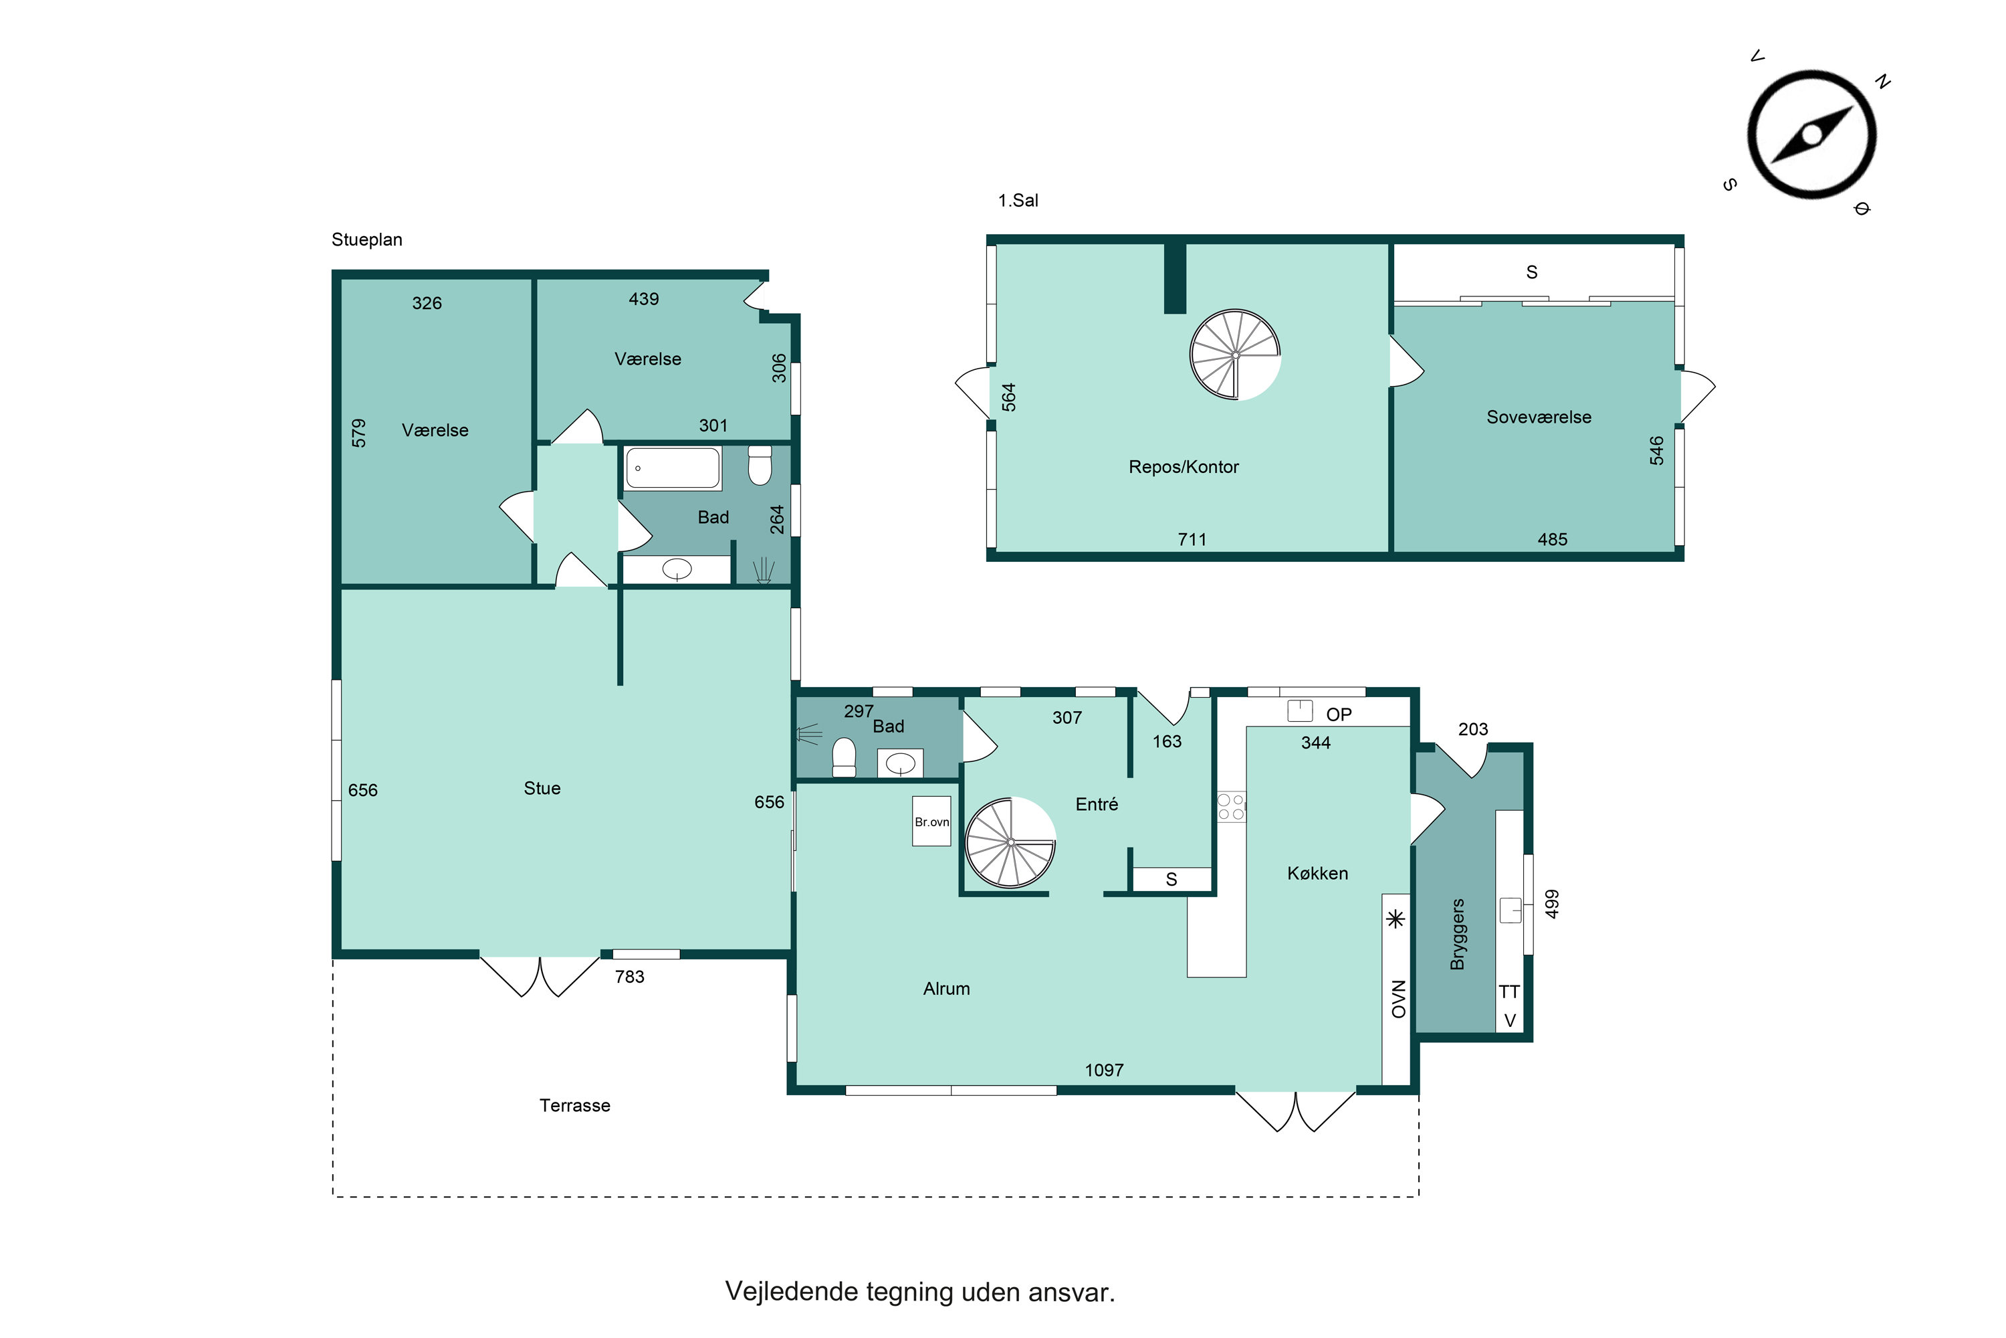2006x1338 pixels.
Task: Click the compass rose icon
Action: coord(1811,135)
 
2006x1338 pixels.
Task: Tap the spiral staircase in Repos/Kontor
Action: coord(1235,354)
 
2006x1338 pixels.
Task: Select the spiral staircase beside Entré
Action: coord(1010,842)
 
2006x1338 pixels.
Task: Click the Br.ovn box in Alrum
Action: coord(931,821)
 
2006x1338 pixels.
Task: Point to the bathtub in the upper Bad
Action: coord(673,468)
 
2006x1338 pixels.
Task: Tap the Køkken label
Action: coord(1318,873)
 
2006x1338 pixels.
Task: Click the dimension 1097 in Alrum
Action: coord(1105,1070)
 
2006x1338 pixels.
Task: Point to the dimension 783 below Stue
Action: coord(629,977)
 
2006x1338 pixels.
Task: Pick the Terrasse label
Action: coord(575,1105)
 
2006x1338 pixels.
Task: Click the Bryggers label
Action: coord(1458,935)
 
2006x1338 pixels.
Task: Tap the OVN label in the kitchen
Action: coord(1399,999)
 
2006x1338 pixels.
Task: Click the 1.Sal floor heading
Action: coord(1018,201)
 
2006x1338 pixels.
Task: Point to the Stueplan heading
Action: coord(366,240)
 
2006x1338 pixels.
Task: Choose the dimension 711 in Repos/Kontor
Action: coord(1192,539)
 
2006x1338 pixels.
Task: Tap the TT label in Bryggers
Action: coord(1510,991)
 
